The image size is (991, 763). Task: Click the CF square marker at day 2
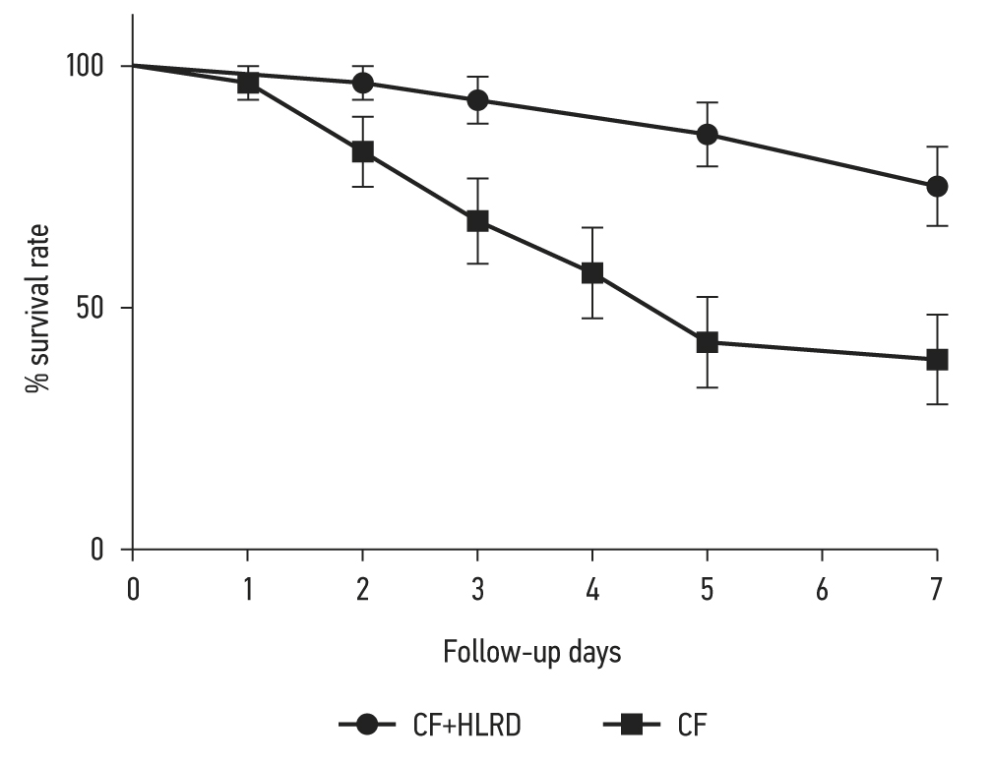point(362,151)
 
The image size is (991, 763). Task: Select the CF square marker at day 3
point(477,220)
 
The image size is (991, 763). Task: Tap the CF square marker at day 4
point(592,272)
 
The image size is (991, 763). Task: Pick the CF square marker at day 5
point(707,342)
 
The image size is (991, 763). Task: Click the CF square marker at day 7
point(937,360)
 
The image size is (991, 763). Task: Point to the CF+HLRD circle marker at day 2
point(362,83)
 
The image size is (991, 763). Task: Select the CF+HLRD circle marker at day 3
point(477,100)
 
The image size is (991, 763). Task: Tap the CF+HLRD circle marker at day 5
point(707,135)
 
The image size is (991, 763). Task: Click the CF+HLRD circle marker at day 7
point(937,186)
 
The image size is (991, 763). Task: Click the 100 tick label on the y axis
point(86,67)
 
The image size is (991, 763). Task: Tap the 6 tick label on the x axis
point(822,590)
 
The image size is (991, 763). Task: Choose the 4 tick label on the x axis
point(592,590)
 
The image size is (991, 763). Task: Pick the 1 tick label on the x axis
point(248,590)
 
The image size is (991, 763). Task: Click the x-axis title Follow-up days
point(531,652)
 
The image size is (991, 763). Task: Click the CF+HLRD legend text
point(466,726)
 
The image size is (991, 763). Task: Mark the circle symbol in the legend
point(367,726)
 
